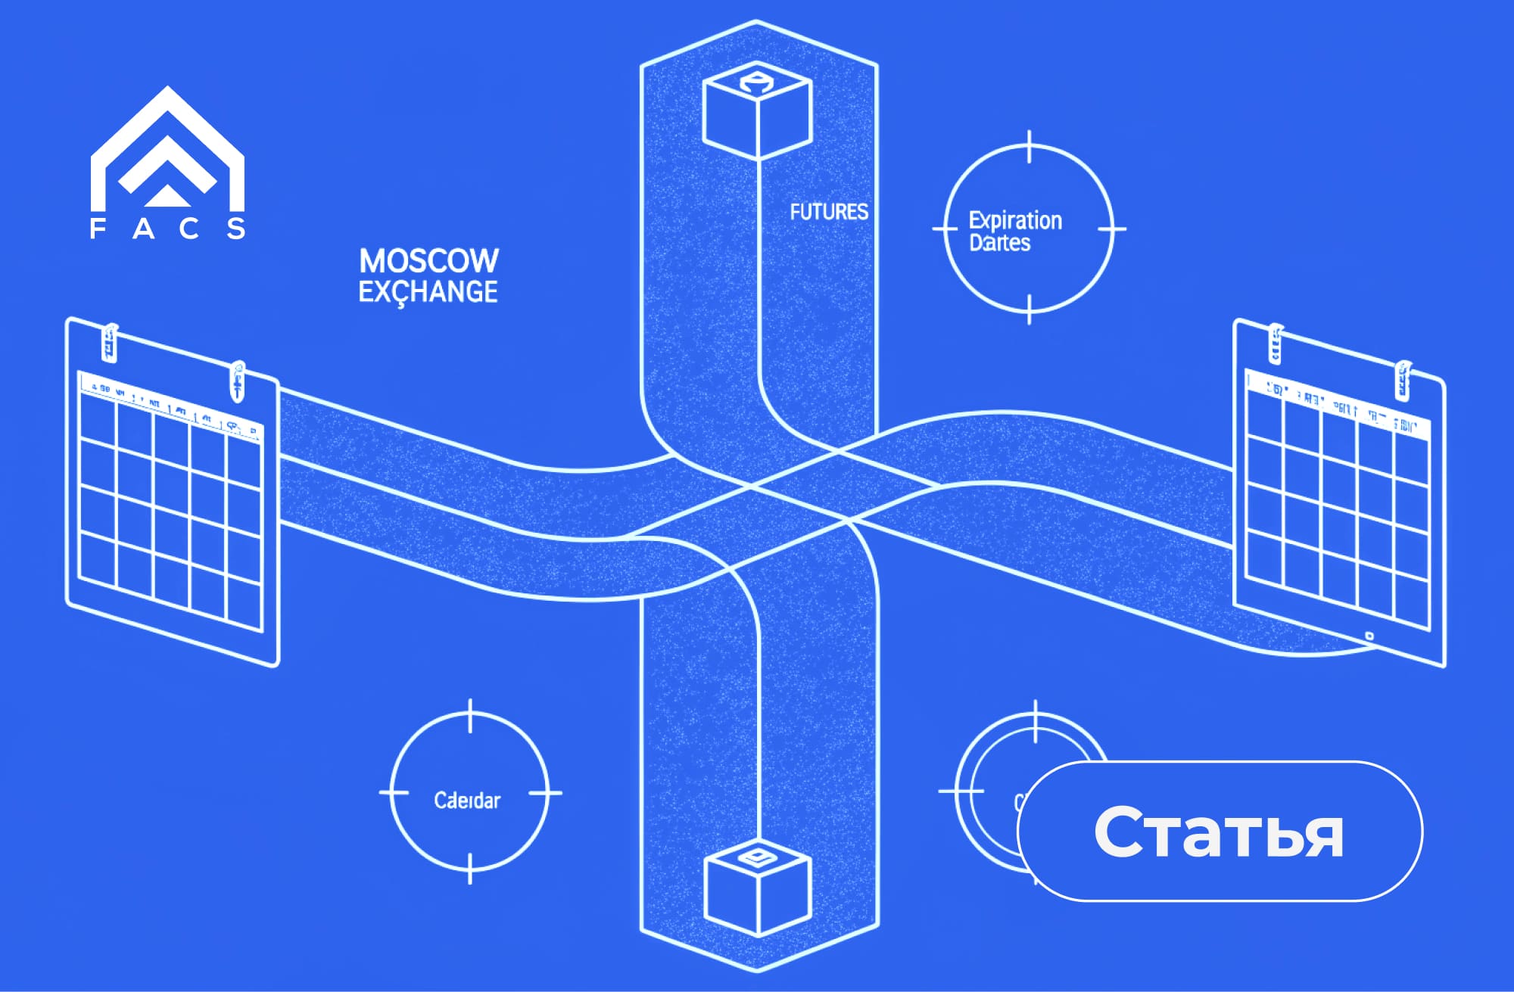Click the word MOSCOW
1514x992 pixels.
(428, 261)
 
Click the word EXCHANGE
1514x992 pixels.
(428, 292)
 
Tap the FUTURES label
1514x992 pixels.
(829, 212)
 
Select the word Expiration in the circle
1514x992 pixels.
(1015, 220)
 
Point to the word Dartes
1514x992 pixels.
(999, 243)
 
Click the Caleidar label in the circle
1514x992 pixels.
(467, 801)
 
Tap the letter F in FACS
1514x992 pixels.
(98, 229)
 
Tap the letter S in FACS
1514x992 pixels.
(237, 229)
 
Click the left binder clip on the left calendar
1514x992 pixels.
(111, 342)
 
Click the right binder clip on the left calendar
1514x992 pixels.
(238, 381)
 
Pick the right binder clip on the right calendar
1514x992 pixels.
(1403, 380)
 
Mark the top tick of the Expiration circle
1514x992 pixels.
(1029, 147)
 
